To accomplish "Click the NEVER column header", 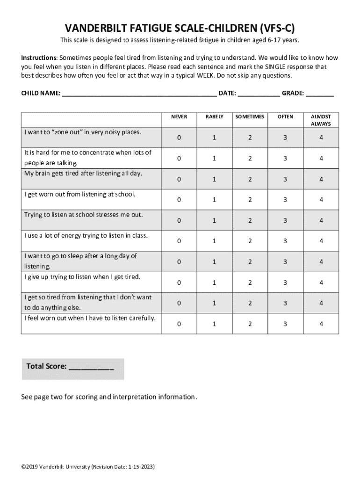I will click(x=179, y=117).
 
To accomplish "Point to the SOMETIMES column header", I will click(x=250, y=117).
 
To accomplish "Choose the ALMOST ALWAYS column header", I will click(x=321, y=120).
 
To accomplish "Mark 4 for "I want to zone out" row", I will click(x=321, y=138).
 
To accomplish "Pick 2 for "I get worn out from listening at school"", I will click(x=250, y=200).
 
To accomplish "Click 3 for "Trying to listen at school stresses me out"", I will click(x=285, y=220).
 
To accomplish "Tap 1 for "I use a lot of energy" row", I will click(x=214, y=241).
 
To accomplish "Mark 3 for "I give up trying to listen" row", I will click(x=285, y=283).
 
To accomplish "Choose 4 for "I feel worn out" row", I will click(x=321, y=324).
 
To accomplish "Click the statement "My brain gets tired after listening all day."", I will click(x=83, y=174).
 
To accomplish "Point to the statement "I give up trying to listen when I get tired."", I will click(x=82, y=277).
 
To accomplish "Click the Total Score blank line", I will click(x=91, y=367).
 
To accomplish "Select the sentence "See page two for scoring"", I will click(x=109, y=397).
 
